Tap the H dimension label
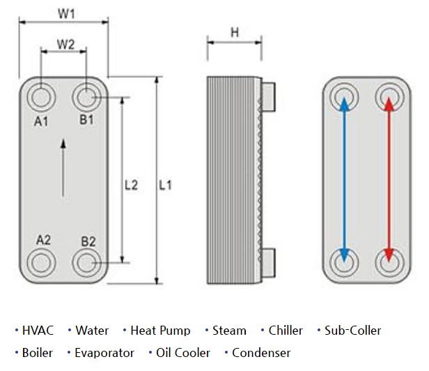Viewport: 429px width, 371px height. (235, 32)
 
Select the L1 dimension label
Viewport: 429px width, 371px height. (165, 185)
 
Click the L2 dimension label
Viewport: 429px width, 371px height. (131, 185)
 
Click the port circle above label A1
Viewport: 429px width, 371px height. (41, 96)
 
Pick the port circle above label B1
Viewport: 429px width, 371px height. (87, 96)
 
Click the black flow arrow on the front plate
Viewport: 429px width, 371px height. (63, 167)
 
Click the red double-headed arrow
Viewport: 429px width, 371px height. (388, 180)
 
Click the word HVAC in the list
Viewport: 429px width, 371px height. (38, 331)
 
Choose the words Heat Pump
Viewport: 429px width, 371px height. (160, 331)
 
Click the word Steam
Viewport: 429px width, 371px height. (229, 331)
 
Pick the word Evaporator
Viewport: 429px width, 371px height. (104, 353)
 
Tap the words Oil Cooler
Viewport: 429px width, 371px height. (183, 353)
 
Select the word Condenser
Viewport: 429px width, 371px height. (261, 353)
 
